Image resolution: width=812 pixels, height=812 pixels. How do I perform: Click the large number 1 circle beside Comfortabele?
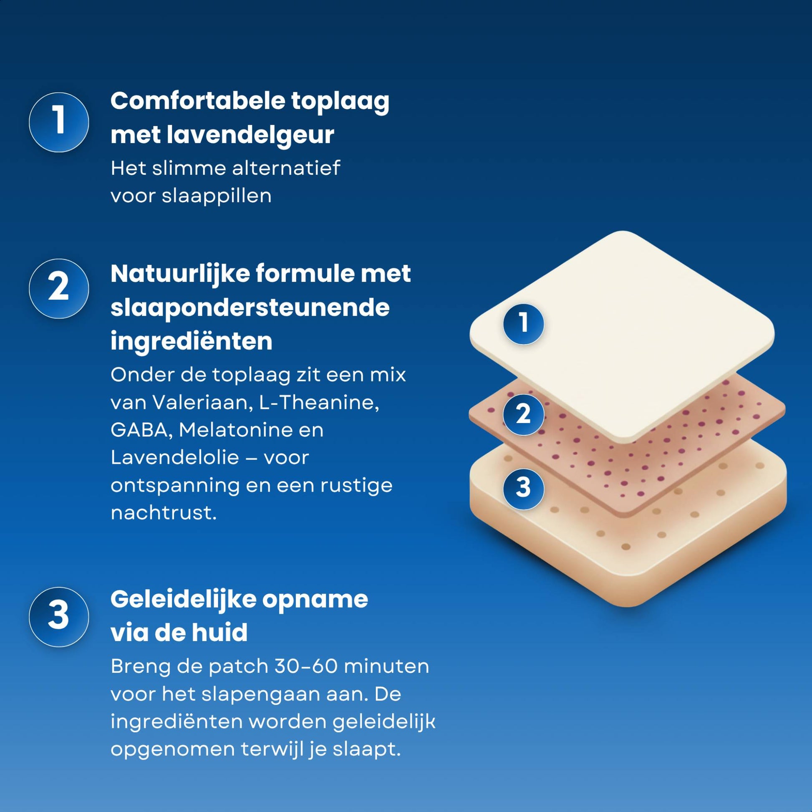coord(59,122)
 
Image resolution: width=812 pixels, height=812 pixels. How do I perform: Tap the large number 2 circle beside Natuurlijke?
coord(59,288)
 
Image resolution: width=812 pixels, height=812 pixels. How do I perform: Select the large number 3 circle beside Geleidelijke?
coord(59,617)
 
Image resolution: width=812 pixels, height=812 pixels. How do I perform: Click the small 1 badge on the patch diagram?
coord(523,324)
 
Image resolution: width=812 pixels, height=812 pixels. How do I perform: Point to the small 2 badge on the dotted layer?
coord(523,414)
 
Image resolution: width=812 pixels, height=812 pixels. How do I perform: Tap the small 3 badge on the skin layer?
coord(523,488)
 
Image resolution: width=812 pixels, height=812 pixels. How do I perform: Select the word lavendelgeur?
coord(250,135)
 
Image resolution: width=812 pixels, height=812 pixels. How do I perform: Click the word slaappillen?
coord(217,196)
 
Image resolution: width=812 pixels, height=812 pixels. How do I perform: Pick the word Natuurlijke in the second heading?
coord(180,274)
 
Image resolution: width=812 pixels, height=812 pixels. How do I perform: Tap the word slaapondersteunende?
coord(250,308)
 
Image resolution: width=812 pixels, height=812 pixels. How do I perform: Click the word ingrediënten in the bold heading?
coord(191,341)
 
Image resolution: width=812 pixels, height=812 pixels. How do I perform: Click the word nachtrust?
coord(163,513)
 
